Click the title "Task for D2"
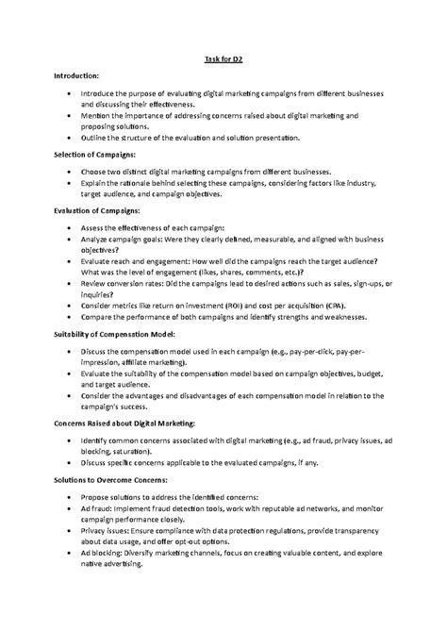point(224,59)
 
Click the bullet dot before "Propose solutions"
point(68,498)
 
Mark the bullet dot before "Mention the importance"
point(68,115)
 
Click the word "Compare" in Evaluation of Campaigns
point(97,318)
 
